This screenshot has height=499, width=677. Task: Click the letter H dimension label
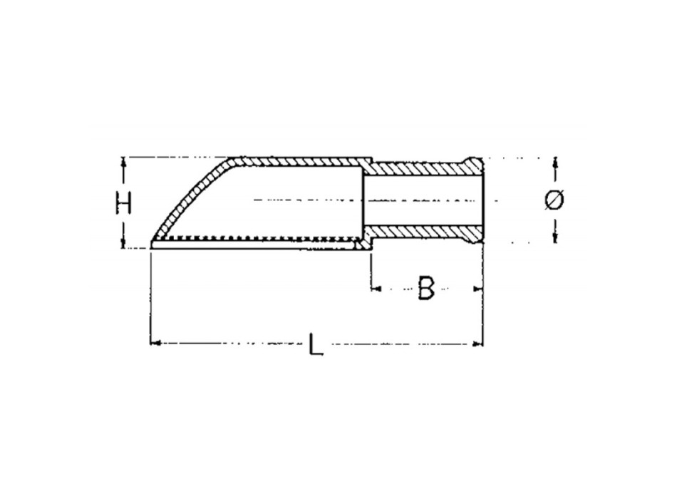(x=125, y=203)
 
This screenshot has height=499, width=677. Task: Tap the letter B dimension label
(x=425, y=288)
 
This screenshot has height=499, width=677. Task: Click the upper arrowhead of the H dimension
(x=125, y=162)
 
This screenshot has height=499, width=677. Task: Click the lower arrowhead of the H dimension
(x=125, y=243)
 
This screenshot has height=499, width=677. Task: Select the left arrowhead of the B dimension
(x=376, y=289)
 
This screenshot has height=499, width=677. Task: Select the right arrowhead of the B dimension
(x=478, y=289)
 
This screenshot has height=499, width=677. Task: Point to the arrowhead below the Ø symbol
(x=554, y=237)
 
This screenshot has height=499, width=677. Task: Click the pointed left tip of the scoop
(x=153, y=245)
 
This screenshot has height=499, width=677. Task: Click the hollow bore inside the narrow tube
(x=420, y=200)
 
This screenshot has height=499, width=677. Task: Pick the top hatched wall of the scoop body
(x=299, y=161)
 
